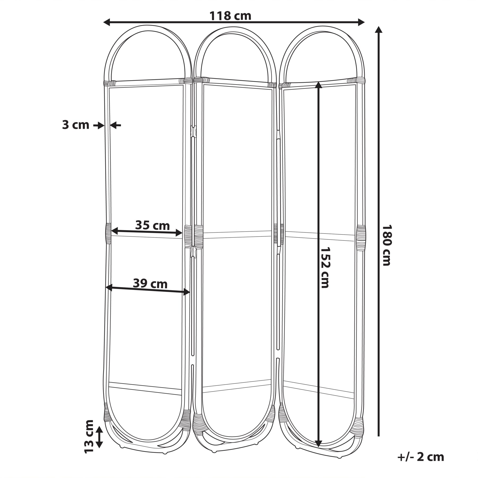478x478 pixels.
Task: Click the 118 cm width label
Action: [230, 16]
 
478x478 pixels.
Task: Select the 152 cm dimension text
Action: [325, 267]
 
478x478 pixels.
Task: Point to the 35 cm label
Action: [152, 225]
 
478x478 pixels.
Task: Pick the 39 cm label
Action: [150, 284]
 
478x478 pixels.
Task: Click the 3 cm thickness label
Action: [76, 125]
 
